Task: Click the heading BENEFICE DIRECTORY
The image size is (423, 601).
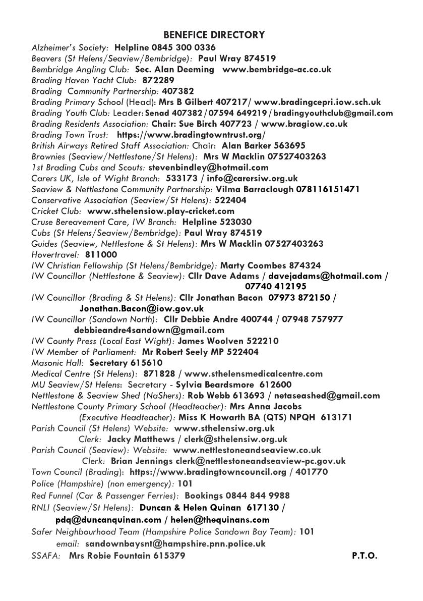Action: coord(214,35)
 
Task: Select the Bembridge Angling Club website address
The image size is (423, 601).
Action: coord(277,70)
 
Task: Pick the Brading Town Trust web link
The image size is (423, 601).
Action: coord(191,135)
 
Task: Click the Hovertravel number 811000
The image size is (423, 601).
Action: coord(101,255)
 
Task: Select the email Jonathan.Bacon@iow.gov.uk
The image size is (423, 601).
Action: coord(142,308)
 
